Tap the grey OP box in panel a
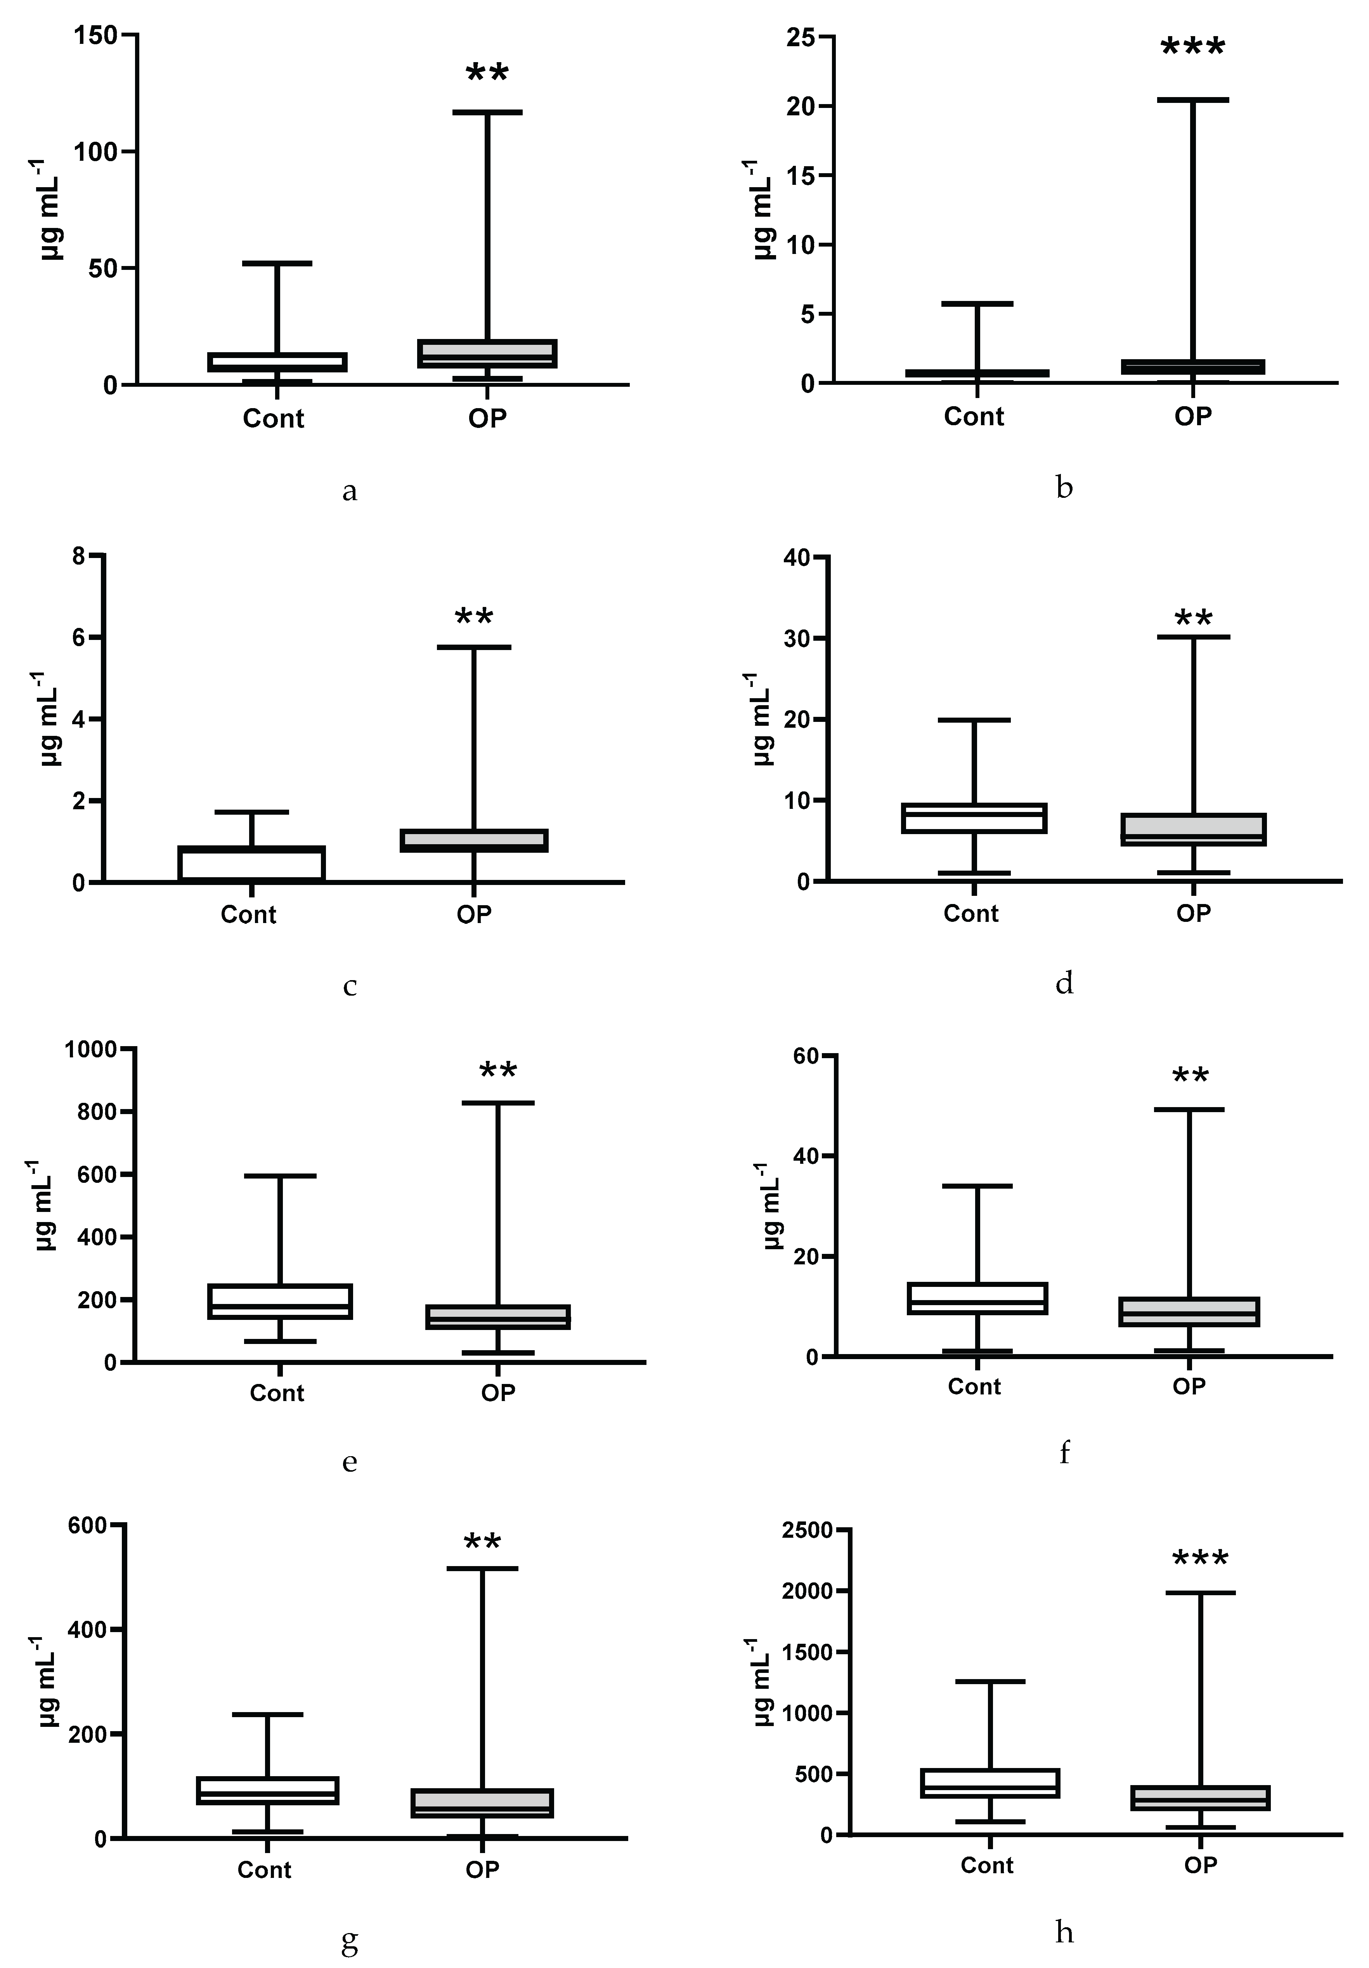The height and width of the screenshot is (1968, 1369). click(487, 353)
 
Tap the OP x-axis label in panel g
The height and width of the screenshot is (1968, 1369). click(482, 1869)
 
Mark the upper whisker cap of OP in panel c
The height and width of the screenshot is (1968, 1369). click(474, 647)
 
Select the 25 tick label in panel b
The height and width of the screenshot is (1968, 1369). click(802, 37)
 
